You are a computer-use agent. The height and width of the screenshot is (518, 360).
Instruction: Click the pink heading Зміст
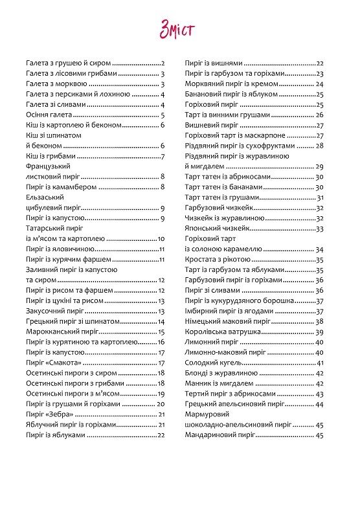[x=178, y=30]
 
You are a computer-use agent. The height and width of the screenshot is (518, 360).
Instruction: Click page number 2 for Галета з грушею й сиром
[x=164, y=63]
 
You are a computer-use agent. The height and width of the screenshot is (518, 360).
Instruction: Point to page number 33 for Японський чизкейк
[x=319, y=229]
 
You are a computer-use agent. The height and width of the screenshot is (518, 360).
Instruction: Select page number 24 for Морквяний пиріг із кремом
[x=319, y=84]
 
